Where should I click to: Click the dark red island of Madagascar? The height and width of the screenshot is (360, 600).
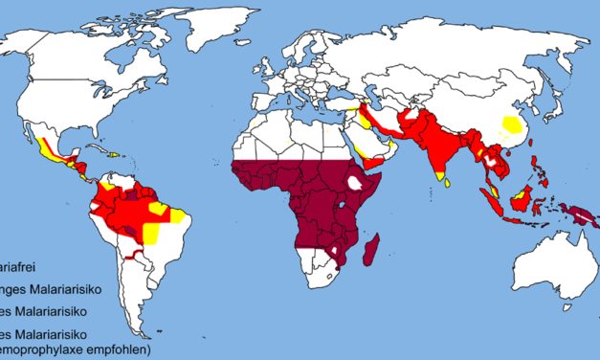[373, 251]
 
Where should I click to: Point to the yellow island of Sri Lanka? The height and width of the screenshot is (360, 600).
[439, 175]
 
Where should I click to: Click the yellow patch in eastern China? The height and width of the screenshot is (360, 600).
[514, 124]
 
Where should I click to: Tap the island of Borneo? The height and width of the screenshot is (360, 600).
[517, 199]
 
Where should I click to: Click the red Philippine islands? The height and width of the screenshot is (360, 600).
[542, 169]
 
